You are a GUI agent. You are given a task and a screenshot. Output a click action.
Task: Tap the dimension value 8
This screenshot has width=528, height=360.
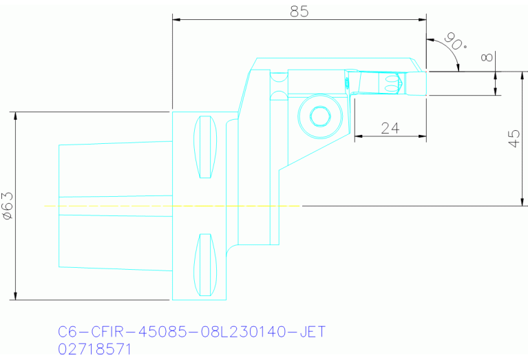pos(488,58)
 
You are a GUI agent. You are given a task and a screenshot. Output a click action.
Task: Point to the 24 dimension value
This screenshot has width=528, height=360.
pos(390,128)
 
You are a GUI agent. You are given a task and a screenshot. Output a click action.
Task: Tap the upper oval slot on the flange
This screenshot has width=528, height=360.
pos(204,148)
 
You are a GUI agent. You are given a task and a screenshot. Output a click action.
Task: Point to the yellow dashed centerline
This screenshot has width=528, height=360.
pos(172,205)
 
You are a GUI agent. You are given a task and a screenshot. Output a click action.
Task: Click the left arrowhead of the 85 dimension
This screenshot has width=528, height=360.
pos(176,19)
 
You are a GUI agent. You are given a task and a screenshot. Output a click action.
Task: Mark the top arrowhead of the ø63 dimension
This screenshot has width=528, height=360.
pos(15,115)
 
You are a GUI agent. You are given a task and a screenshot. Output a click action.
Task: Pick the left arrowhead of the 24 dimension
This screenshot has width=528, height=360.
pos(358,136)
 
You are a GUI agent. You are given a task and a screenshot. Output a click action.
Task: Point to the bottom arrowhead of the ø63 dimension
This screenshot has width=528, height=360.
pos(15,296)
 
